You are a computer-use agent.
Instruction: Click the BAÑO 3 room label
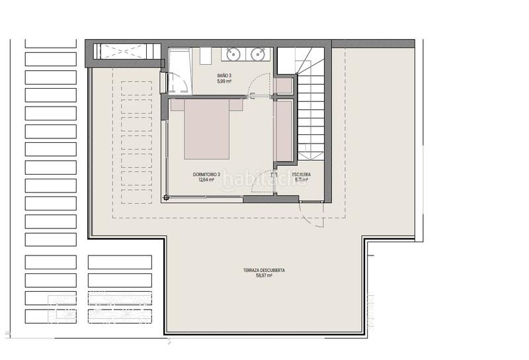click(x=225, y=75)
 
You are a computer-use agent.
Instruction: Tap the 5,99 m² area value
click(x=225, y=81)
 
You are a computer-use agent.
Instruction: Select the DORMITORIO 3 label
click(x=206, y=174)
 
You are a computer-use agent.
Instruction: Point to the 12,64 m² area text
click(x=206, y=179)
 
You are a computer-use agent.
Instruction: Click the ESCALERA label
click(x=302, y=175)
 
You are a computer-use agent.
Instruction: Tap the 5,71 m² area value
click(x=302, y=180)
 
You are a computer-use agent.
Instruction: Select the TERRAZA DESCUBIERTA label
click(x=264, y=270)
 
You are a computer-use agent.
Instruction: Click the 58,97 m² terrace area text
click(x=264, y=275)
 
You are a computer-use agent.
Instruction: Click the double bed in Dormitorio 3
click(x=207, y=128)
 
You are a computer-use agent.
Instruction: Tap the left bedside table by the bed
click(x=177, y=105)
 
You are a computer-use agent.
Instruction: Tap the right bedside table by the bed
click(x=236, y=105)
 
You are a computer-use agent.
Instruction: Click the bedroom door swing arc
click(x=263, y=181)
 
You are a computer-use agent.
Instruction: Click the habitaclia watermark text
click(x=264, y=179)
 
